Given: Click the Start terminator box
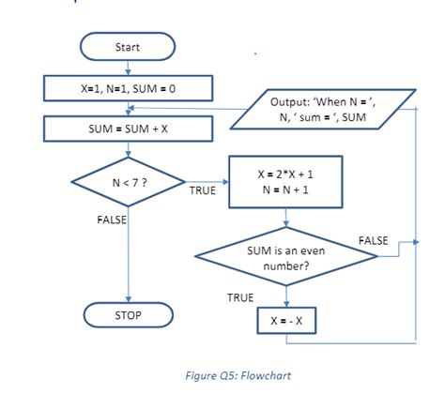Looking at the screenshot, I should click(x=128, y=46).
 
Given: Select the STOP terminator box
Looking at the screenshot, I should click(x=128, y=315).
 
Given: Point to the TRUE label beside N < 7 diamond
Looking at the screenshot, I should click(x=202, y=190).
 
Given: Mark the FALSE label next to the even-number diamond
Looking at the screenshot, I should click(x=373, y=241).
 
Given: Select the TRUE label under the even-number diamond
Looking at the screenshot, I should click(x=240, y=296).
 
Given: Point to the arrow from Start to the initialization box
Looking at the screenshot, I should click(x=128, y=67).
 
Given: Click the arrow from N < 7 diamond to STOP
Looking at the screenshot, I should click(x=128, y=258).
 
